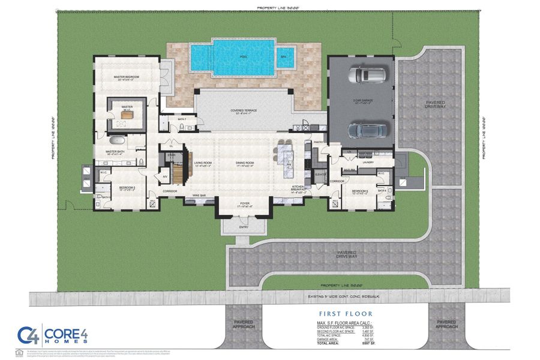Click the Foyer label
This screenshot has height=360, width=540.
point(244,203)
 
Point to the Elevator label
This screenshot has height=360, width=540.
point(320,173)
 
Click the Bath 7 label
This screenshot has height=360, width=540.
point(182,119)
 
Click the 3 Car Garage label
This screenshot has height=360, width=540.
point(363,101)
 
